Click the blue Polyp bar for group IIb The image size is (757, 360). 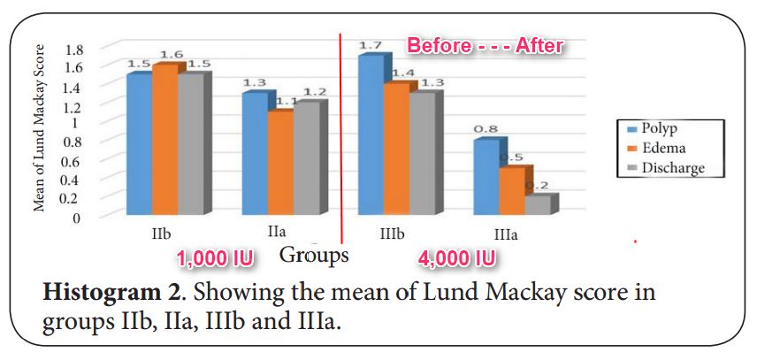click(137, 144)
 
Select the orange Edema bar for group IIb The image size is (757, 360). click(164, 140)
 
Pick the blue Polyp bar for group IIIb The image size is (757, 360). click(371, 135)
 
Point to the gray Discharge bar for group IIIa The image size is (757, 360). click(537, 204)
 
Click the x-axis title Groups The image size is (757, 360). click(313, 256)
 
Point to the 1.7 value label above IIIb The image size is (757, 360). click(369, 45)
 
